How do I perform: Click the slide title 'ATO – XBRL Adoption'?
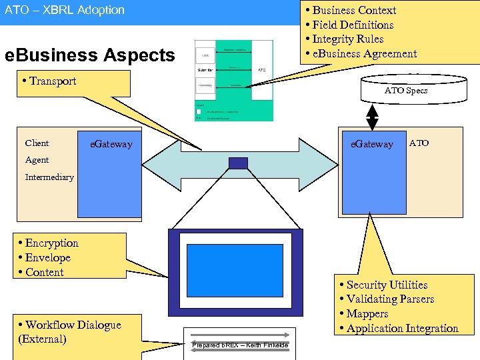65,10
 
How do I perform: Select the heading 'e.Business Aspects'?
89,55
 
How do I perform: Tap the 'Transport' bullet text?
52,81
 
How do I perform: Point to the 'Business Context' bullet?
354,10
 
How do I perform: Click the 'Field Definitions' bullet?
353,25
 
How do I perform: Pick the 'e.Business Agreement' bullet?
364,54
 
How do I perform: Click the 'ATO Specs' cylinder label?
406,91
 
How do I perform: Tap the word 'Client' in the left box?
37,143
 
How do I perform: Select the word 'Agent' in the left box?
37,160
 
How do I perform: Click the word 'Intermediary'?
49,177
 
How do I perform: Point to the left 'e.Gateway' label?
111,144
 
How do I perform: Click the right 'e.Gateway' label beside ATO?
372,144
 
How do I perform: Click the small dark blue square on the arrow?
238,163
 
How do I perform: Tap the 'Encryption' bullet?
51,243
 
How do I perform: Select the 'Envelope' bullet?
47,258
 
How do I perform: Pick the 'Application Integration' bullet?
402,329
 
